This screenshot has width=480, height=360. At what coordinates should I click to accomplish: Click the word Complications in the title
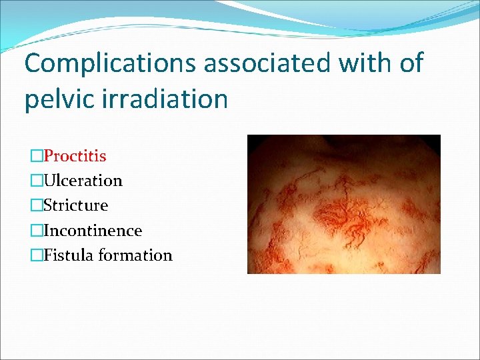pyautogui.click(x=110, y=64)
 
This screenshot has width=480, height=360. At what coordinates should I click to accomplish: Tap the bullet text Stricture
pyautogui.click(x=75, y=205)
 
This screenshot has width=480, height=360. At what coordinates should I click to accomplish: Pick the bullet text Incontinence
pyautogui.click(x=93, y=231)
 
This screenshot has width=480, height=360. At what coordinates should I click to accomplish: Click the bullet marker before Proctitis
pyautogui.click(x=36, y=156)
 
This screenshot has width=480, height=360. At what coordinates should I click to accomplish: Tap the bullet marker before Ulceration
pyautogui.click(x=36, y=181)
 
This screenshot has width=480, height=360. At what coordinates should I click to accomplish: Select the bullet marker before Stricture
pyautogui.click(x=36, y=205)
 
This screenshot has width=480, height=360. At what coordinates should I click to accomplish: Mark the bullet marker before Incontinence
pyautogui.click(x=36, y=231)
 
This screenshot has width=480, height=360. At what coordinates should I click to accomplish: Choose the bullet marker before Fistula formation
pyautogui.click(x=36, y=255)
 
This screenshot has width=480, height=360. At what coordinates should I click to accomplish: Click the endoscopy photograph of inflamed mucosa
pyautogui.click(x=343, y=204)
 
